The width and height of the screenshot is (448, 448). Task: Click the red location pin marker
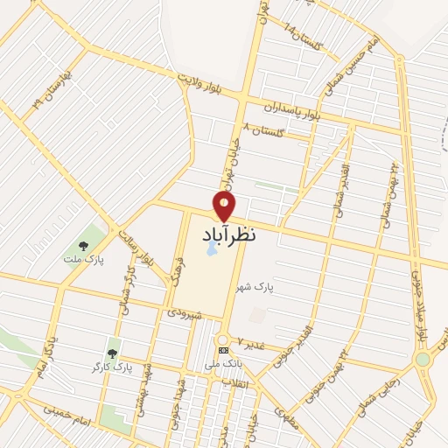point(224,206)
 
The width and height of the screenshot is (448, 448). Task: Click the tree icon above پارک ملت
point(83,246)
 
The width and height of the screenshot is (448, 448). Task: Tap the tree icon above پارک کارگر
point(112,353)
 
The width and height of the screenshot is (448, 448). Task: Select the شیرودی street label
point(185,312)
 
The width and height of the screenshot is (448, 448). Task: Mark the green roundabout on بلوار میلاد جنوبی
point(423,359)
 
